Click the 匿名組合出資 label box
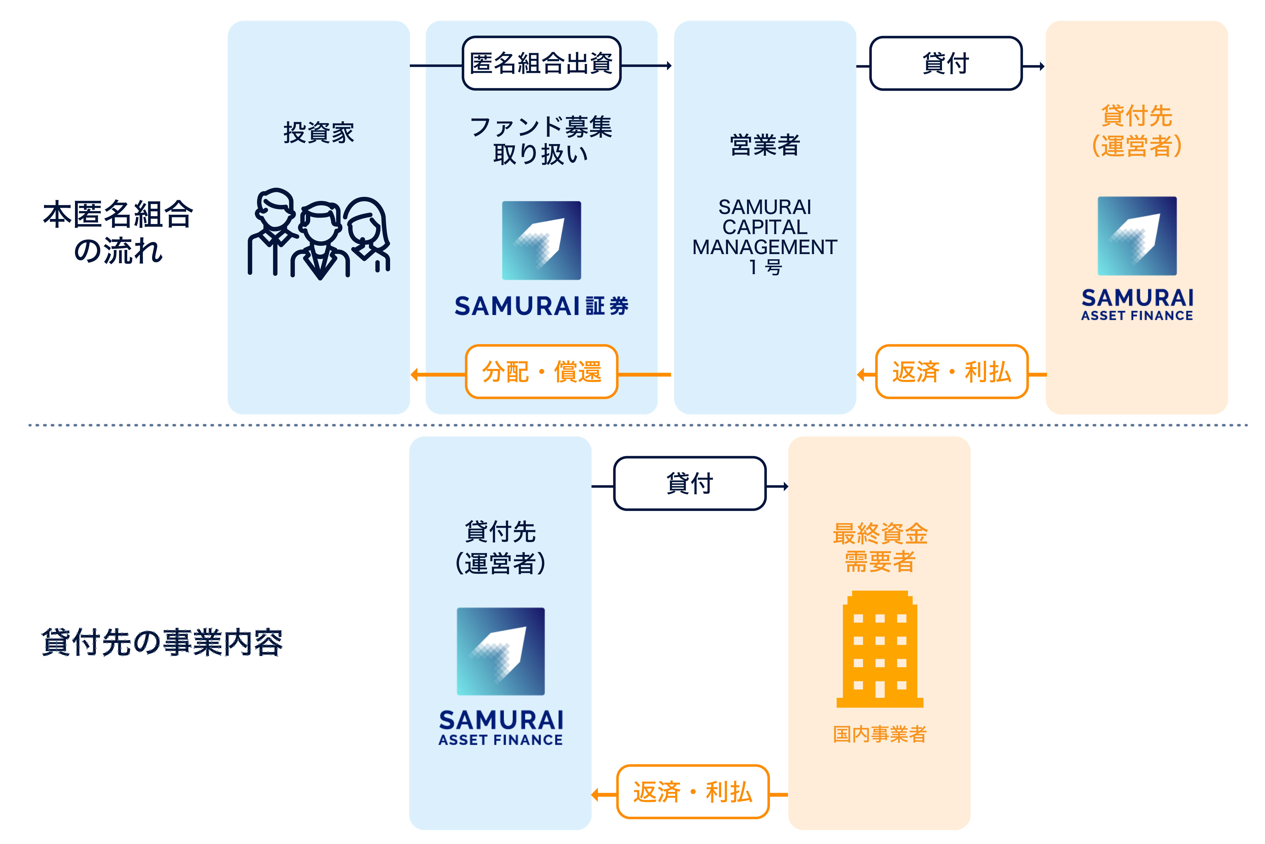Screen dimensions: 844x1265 pos(542,63)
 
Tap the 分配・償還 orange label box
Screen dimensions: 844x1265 pos(542,372)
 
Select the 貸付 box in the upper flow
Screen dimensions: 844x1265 pos(946,63)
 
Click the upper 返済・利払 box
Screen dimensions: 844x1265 pos(951,372)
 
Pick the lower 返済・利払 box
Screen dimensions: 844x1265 pos(693,792)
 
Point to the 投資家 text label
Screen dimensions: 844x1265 pos(319,133)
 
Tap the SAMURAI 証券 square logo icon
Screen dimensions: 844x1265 pos(542,240)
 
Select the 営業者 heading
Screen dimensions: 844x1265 pos(765,145)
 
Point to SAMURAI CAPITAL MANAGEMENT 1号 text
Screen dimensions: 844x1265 pos(765,237)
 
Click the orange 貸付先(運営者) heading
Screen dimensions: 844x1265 pos(1137,131)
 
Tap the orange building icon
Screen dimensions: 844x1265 pos(880,649)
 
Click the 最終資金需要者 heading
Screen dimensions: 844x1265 pos(880,547)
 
